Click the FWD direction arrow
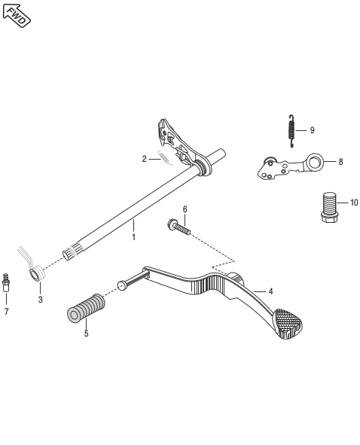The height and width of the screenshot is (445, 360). point(17,16)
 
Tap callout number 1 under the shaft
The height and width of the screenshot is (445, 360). point(133,237)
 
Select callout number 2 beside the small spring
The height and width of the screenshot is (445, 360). point(145,159)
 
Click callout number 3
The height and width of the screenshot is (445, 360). point(41,299)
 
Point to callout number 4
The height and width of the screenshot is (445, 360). point(270,291)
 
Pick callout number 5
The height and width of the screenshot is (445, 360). point(87,334)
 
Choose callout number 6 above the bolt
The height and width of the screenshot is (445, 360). point(185,209)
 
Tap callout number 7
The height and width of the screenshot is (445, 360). point(6,312)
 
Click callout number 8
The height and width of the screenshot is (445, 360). point(340,162)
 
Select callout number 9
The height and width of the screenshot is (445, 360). point(313,130)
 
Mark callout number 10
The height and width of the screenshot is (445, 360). point(354,203)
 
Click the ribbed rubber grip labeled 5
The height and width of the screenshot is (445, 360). point(86,308)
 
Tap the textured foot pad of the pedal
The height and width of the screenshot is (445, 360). point(288,324)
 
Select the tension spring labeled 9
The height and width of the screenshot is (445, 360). point(291,131)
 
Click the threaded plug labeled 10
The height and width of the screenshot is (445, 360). point(329,208)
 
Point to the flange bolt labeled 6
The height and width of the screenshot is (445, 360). point(178,227)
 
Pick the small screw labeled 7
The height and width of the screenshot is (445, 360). point(5,282)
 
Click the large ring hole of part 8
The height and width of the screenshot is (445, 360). point(315,163)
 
